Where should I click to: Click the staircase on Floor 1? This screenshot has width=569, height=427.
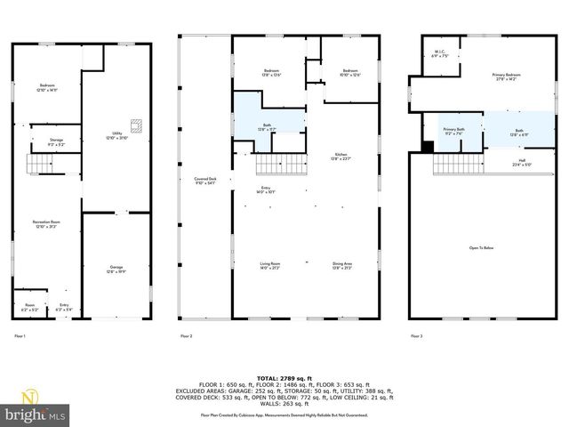pos(38,165)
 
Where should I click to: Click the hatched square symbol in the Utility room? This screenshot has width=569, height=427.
pos(135,125)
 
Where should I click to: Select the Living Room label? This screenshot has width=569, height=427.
pos(269,265)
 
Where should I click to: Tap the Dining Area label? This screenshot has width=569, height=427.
pos(342,265)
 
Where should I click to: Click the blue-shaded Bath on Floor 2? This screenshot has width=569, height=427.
pos(267,126)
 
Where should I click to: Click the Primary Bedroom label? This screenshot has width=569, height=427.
pos(505,77)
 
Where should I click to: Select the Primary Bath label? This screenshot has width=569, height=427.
pos(454,131)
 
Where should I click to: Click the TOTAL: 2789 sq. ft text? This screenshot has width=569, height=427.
pos(284,377)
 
